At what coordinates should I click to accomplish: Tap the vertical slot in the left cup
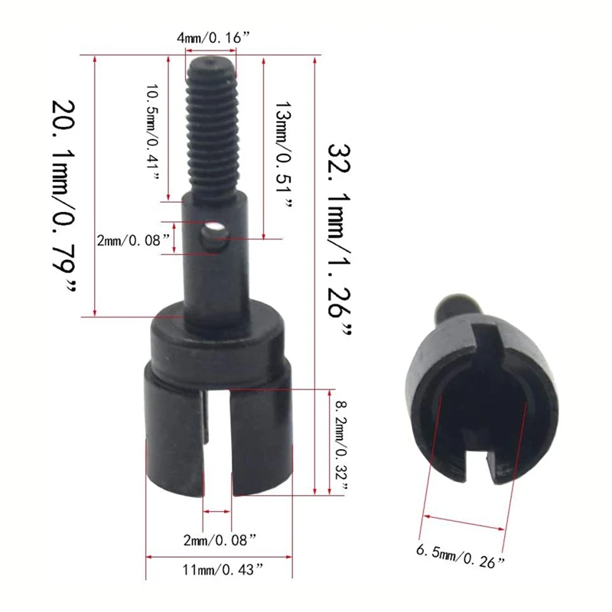pyautogui.click(x=217, y=444)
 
